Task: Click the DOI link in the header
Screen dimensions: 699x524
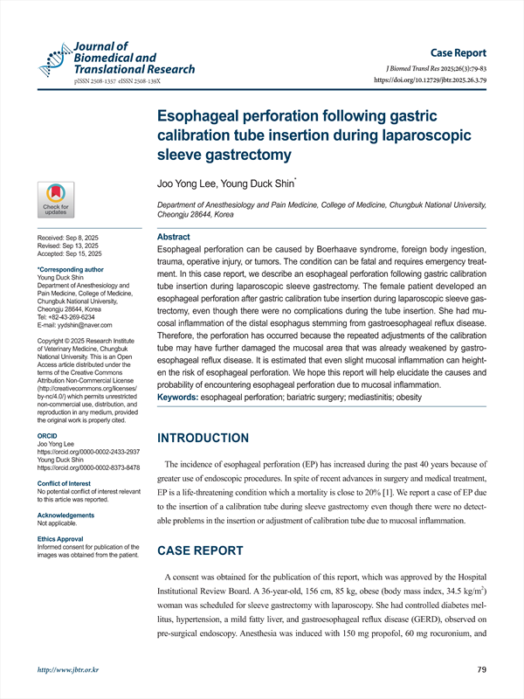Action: (435, 80)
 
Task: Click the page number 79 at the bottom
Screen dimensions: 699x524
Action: (481, 670)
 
